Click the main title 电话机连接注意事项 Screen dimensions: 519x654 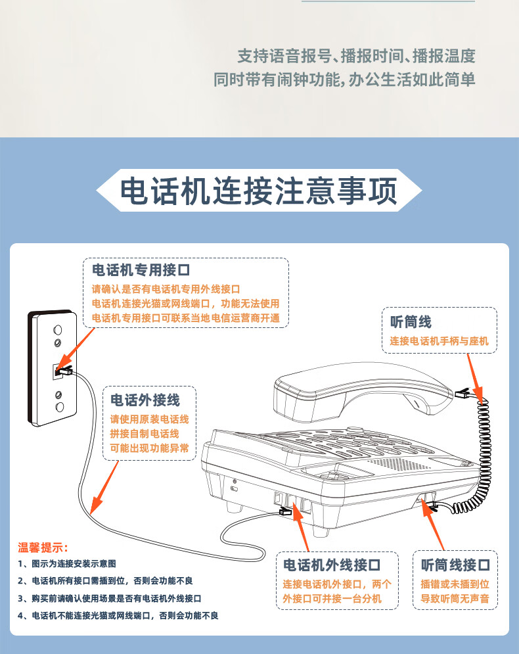point(258,191)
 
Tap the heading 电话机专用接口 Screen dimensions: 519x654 point(141,270)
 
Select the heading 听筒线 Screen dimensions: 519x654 point(411,322)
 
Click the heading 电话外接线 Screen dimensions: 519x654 point(145,400)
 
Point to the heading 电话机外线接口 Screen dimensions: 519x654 point(332,565)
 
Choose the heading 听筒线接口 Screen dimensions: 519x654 point(455,565)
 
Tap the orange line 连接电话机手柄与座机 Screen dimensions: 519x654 point(439,341)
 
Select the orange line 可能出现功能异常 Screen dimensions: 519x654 point(149,448)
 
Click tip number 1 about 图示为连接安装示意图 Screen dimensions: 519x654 point(67,564)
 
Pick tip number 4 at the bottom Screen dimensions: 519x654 point(118,616)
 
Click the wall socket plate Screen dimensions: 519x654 point(53,368)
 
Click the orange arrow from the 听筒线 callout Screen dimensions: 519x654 point(475,379)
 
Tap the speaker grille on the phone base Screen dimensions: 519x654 point(398,463)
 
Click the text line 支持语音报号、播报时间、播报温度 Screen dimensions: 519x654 point(357,57)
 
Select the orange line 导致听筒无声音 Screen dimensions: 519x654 point(455,599)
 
